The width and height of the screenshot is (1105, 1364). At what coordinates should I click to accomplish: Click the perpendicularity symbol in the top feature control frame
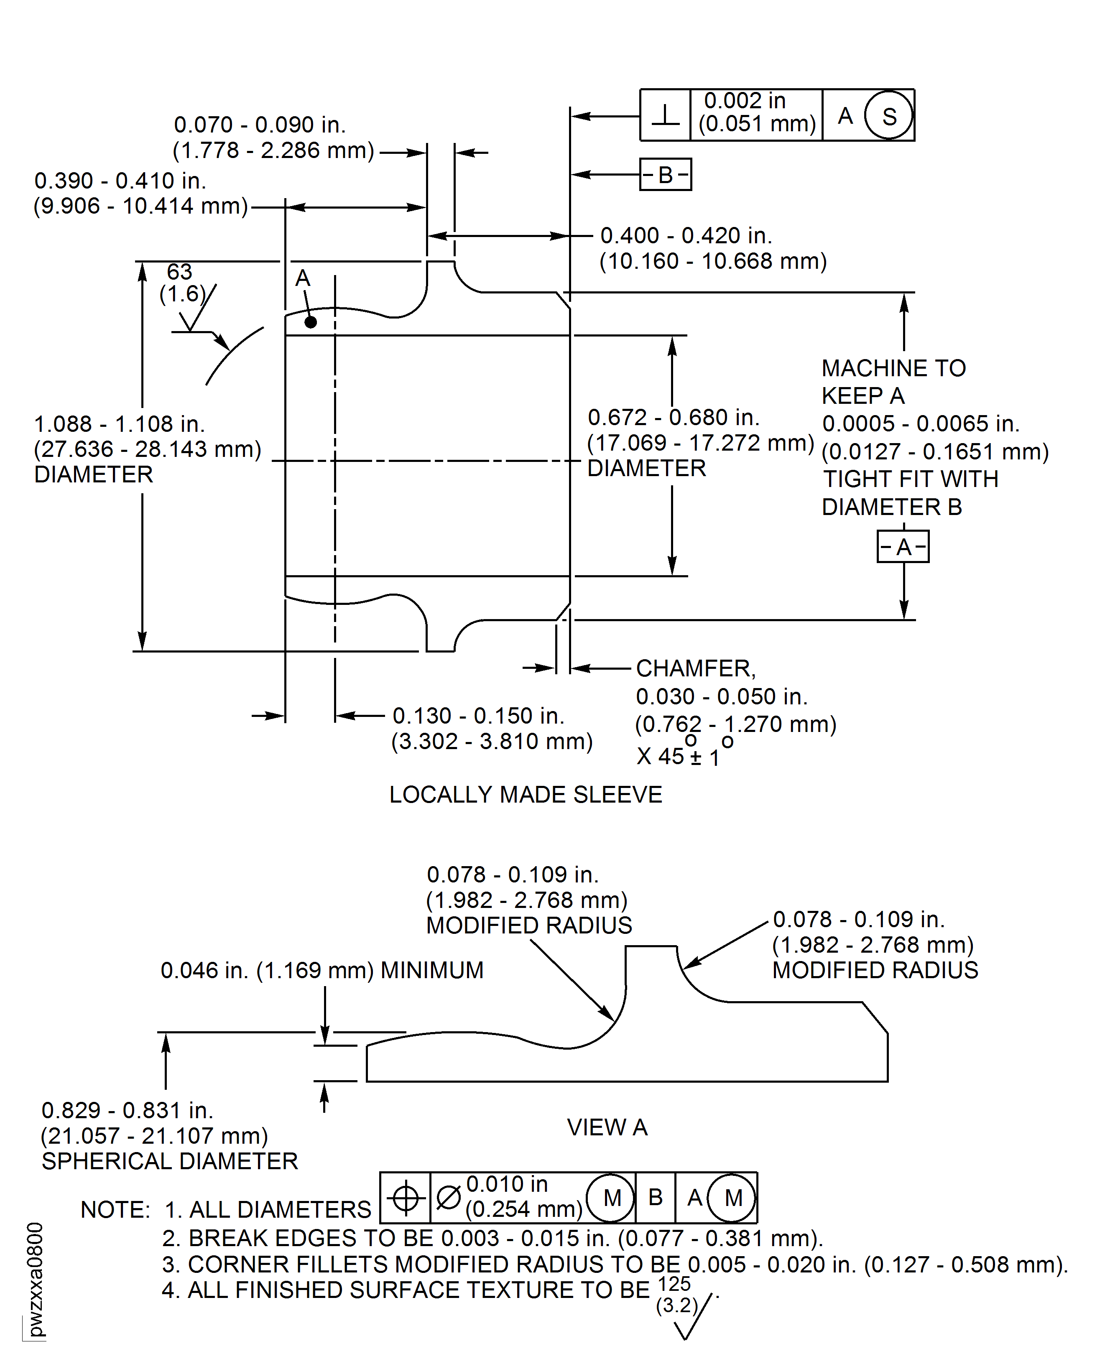(x=665, y=116)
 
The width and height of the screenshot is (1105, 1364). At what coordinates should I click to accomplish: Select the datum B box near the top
(x=665, y=174)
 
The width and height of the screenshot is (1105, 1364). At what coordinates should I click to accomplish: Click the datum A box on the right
(x=903, y=547)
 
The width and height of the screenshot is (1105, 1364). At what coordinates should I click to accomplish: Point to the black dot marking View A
(x=311, y=322)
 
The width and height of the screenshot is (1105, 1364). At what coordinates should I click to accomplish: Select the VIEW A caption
(x=607, y=1127)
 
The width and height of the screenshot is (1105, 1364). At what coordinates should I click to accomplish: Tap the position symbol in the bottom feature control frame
(x=406, y=1198)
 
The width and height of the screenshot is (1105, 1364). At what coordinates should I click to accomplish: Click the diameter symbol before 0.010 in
(x=448, y=1198)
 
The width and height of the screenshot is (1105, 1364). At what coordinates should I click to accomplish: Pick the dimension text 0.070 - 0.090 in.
(x=260, y=125)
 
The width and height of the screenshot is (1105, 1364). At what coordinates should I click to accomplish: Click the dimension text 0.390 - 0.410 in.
(x=120, y=181)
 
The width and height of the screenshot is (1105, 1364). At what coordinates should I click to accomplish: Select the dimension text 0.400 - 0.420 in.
(x=686, y=235)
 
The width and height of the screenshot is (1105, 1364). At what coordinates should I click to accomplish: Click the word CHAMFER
(x=696, y=668)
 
